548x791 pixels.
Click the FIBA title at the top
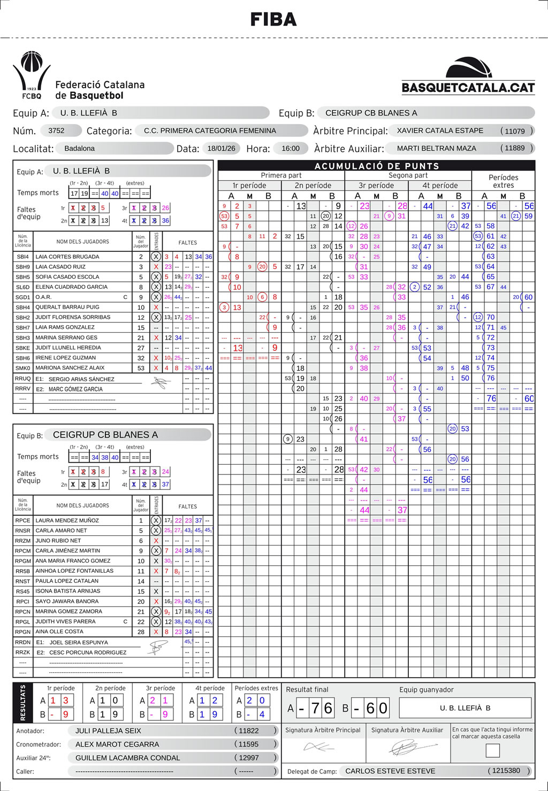[273, 20]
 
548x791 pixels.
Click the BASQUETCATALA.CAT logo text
[468, 88]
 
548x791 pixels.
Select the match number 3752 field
[56, 130]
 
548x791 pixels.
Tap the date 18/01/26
[221, 148]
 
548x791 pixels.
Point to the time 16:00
[291, 148]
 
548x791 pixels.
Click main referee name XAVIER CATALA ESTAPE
[440, 130]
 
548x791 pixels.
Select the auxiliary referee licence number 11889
[515, 148]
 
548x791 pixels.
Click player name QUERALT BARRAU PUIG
[67, 308]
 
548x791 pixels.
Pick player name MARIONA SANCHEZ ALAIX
[70, 368]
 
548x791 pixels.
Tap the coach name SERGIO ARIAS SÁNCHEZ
[81, 379]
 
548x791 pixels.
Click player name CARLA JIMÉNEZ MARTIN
[68, 551]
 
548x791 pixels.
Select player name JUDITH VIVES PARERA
[65, 622]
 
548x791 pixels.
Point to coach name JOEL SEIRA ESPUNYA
[79, 642]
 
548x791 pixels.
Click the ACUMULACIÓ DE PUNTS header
[376, 166]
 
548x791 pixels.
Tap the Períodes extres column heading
[503, 181]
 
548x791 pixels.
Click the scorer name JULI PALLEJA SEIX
[108, 731]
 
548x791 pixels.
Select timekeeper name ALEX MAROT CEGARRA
[117, 744]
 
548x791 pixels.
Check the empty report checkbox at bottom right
[492, 750]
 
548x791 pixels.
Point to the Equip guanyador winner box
[465, 708]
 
